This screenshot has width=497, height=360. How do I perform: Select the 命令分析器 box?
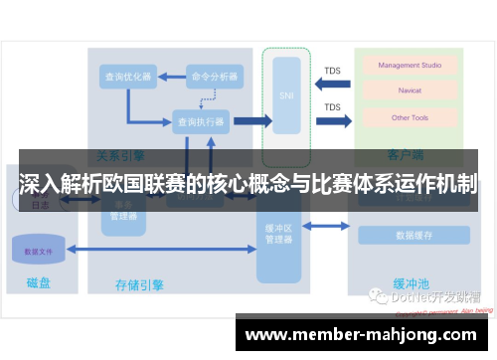[x=213, y=76]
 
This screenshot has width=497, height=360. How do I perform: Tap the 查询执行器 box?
[x=201, y=121]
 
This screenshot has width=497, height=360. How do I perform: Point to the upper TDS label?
[x=332, y=71]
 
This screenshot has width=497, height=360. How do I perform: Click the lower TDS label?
[x=332, y=107]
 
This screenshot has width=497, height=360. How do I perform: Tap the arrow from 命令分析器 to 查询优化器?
[x=169, y=76]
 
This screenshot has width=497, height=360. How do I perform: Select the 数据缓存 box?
[x=413, y=236]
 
